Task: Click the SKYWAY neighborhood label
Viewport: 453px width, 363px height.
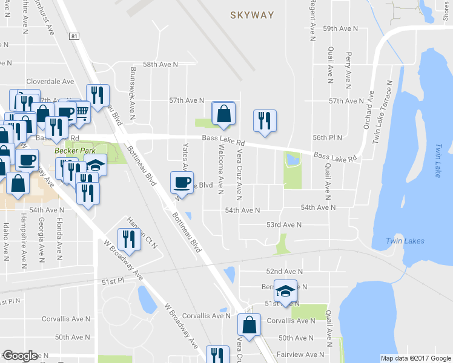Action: [x=252, y=15]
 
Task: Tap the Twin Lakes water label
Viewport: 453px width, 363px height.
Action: [x=405, y=241]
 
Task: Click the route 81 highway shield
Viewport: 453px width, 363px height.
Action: [x=74, y=37]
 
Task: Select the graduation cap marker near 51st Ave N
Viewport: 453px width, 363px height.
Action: [x=286, y=292]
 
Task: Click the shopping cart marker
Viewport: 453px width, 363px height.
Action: [x=81, y=111]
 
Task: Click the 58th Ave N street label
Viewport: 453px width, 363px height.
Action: [x=160, y=64]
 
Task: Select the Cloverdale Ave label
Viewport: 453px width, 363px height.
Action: [x=50, y=81]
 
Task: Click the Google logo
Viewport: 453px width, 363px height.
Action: [x=20, y=356]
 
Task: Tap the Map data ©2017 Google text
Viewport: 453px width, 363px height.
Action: [x=415, y=358]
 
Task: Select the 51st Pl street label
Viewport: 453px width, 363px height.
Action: [x=113, y=281]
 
